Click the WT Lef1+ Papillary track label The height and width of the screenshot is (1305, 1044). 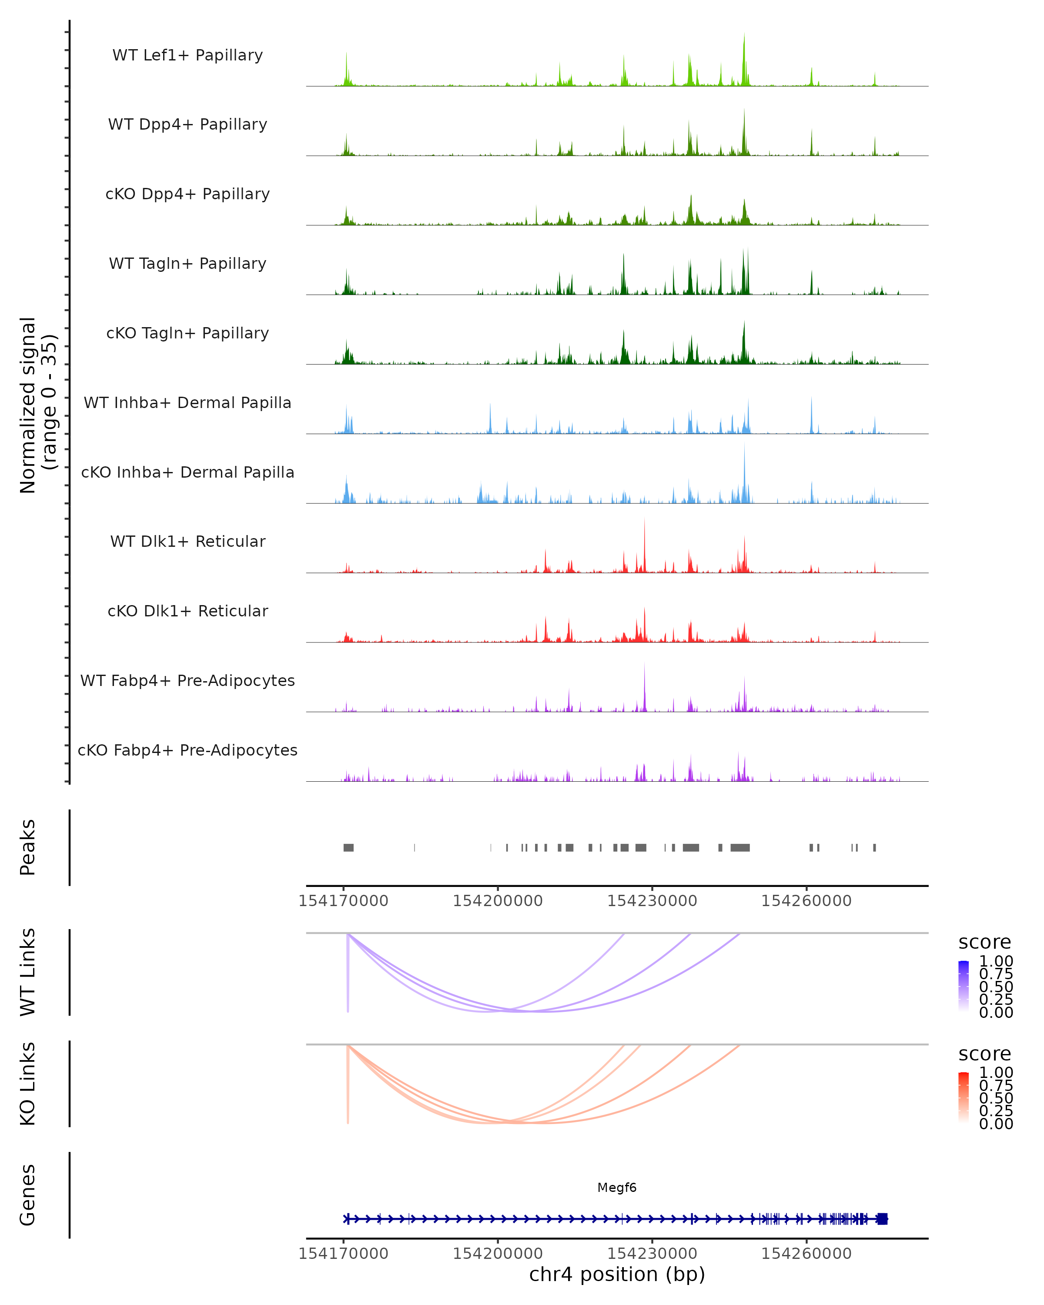point(187,55)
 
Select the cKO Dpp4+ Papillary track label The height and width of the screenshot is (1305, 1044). point(187,194)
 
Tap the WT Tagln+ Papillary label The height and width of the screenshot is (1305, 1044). point(187,264)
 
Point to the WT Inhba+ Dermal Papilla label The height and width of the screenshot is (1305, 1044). point(187,403)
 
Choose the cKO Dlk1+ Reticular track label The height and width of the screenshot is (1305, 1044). point(187,611)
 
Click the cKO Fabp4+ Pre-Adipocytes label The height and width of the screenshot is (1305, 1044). point(187,750)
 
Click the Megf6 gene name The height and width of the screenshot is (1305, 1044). point(617,1188)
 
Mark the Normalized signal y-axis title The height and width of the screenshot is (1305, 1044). point(37,405)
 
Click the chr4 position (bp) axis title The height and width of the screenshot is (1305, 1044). point(617,1275)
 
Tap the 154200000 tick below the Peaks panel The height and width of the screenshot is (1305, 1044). point(498,901)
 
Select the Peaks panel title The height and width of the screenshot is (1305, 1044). point(28,847)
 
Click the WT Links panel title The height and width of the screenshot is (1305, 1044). point(28,972)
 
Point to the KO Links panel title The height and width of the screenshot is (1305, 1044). point(28,1084)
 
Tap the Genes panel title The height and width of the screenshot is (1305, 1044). point(28,1195)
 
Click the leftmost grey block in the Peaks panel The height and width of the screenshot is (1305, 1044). point(348,847)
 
